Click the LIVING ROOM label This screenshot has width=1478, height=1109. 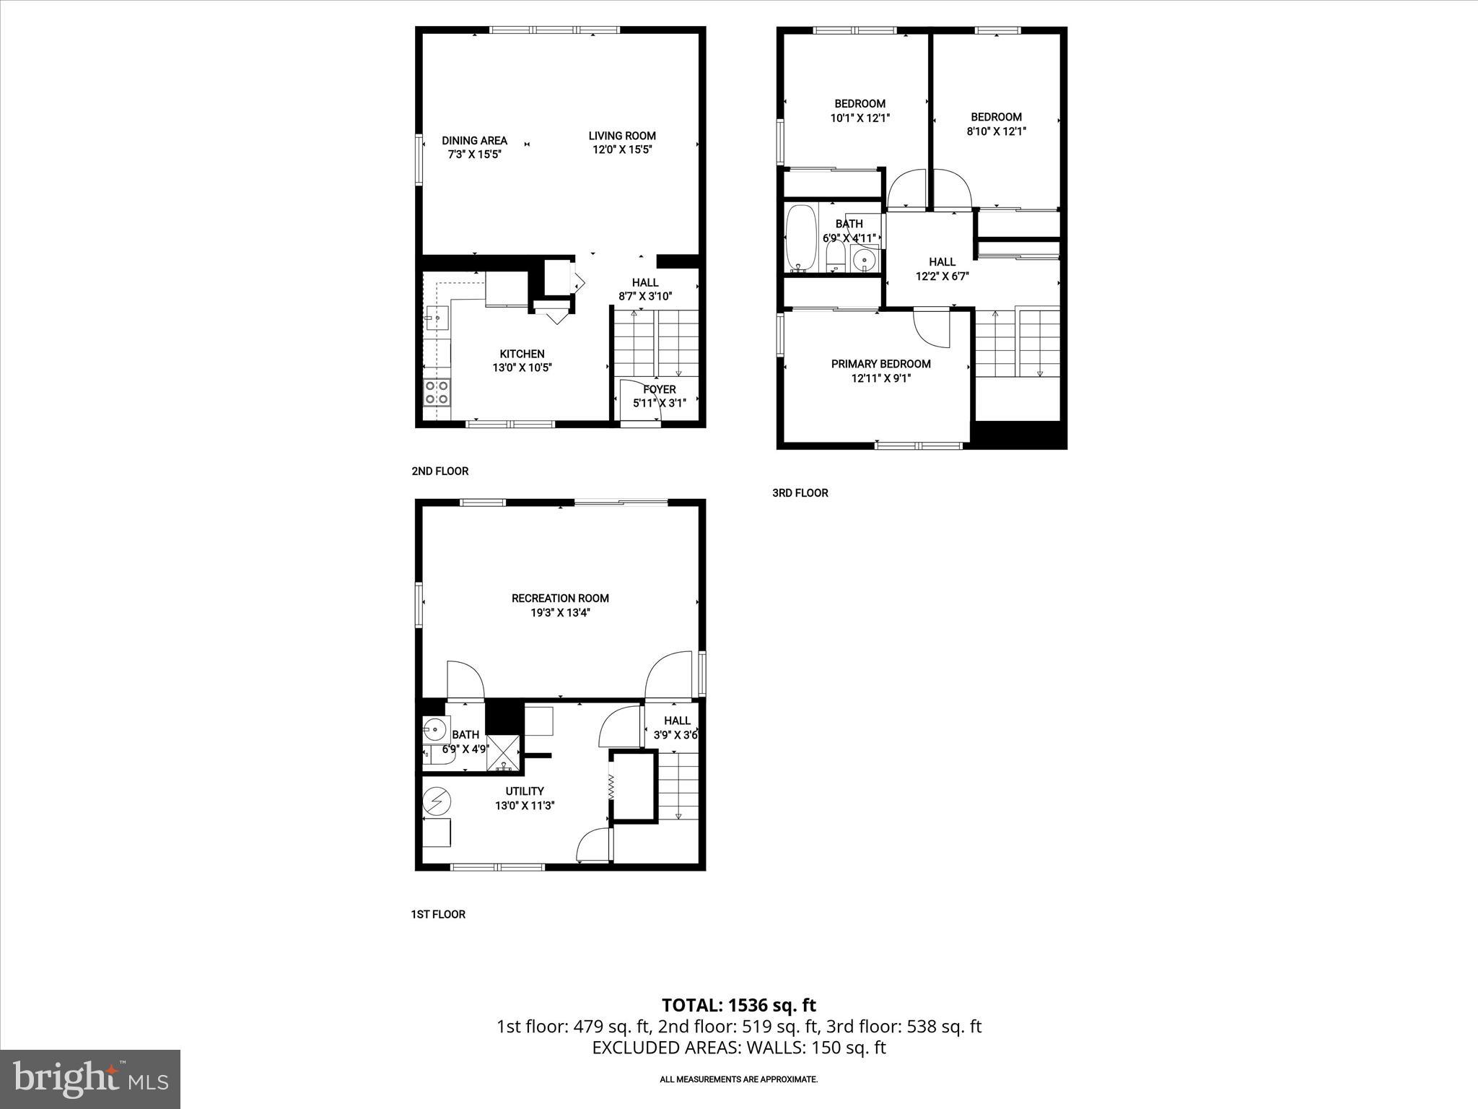pos(621,136)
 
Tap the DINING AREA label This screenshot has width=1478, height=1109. pos(474,141)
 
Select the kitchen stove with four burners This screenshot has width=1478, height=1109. pos(437,393)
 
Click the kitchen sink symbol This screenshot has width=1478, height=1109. pos(437,317)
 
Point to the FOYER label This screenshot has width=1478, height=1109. pos(659,390)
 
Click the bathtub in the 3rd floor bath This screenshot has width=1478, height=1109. pos(800,238)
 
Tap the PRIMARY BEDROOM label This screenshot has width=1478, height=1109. pos(880,364)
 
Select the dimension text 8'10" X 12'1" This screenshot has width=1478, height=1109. pos(996,131)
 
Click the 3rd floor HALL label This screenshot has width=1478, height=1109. pos(942,262)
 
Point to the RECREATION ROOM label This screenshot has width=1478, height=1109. pos(560,598)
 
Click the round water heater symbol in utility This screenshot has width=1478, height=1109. pos(437,801)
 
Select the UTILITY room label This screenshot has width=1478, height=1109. pos(525,791)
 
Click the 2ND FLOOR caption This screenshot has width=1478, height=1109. pos(440,471)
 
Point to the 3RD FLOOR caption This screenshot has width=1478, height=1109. pos(800,493)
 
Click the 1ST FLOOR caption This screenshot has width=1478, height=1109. pos(438,914)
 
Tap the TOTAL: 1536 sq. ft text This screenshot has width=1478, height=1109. pos(738,1005)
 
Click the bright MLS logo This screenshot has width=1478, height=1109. pos(90,1079)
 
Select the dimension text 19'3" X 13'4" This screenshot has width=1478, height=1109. pos(560,613)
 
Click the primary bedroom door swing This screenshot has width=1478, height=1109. pos(931,328)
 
